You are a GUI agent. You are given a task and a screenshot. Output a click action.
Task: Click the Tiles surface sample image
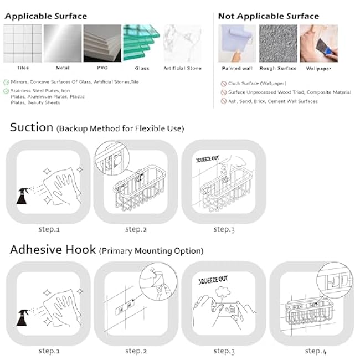coord(23,43)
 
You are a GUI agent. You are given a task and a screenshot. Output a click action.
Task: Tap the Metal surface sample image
coord(63,43)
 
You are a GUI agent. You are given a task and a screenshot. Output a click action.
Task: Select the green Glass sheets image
coord(141,43)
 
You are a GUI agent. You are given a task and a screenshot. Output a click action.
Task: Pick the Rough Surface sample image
coord(278,43)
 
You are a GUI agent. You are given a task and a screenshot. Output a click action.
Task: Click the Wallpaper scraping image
coord(318,43)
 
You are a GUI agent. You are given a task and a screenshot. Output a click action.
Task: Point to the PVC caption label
coord(102,68)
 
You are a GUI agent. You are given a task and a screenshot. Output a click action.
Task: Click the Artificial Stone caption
coord(183,68)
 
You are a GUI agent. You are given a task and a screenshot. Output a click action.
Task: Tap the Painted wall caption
coord(237,69)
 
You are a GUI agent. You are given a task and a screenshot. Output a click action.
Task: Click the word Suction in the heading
coord(32,127)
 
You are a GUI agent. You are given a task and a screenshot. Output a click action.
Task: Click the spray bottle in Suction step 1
coord(23,196)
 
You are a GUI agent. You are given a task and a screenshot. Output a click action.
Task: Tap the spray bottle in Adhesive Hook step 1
coord(23,317)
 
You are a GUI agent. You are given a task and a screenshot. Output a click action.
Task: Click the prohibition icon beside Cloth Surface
coord(224,84)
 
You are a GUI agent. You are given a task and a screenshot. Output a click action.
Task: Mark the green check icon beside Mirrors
coord(6,82)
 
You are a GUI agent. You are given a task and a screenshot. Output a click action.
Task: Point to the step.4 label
coord(316,351)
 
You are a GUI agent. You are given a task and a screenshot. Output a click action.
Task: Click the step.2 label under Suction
coord(136,229)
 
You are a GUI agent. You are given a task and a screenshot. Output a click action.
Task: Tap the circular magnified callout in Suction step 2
coord(112,158)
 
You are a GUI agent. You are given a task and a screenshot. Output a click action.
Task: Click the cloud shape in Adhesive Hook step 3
coord(223,291)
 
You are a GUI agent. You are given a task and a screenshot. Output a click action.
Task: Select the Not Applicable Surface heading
coord(269,16)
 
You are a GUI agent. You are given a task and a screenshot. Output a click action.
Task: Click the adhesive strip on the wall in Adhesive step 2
coord(125,307)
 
